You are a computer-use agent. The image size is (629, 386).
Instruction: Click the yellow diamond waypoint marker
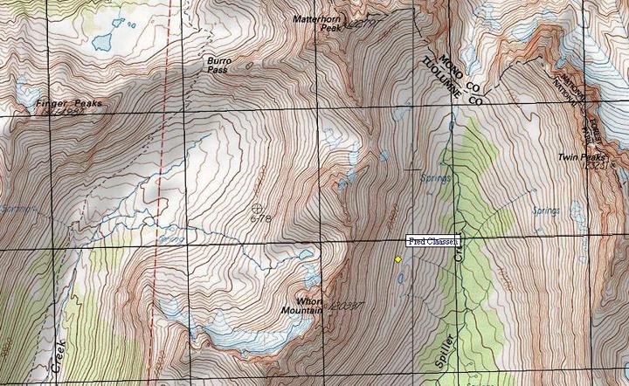[398, 259]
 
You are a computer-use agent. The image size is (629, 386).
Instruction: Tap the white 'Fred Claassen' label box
[433, 241]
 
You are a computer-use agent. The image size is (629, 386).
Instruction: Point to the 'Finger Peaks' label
[69, 104]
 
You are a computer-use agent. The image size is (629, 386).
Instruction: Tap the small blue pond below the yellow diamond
[400, 279]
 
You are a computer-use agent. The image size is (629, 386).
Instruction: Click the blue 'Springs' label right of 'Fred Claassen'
[546, 210]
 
